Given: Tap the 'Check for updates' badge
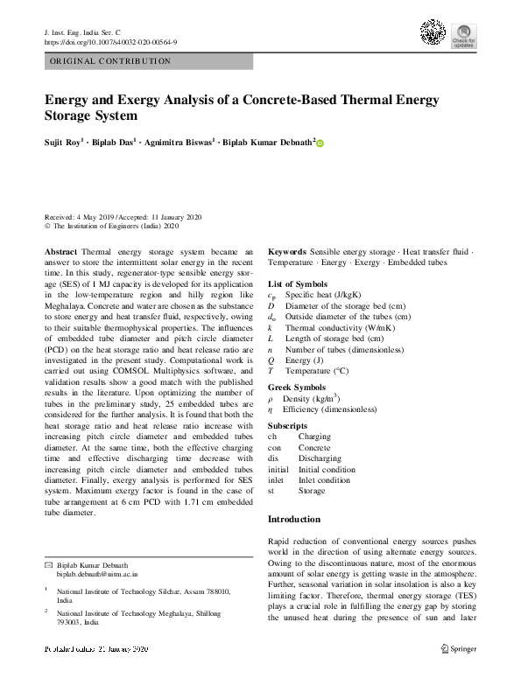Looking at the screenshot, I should coord(463,35).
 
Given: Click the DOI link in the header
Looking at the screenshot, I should coord(110,41).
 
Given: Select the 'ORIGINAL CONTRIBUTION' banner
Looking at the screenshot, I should coord(148,61).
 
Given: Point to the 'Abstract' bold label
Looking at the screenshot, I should coord(60,250).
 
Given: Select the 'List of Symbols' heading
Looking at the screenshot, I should coord(298,284).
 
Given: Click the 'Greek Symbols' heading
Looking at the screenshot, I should coord(297,386).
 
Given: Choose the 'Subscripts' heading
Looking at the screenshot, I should coord(288,423).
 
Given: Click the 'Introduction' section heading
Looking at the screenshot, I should coord(293,520).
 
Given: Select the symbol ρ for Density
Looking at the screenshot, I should coord(271,398).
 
